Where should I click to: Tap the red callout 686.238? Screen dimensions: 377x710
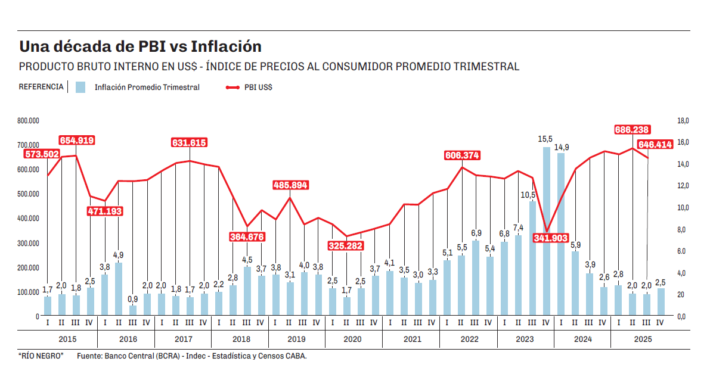point(633,130)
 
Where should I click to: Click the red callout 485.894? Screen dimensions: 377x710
point(290,185)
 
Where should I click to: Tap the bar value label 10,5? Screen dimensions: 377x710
point(529,195)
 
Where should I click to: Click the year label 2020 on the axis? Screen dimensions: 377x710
point(352,339)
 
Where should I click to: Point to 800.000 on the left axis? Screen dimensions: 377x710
point(28,121)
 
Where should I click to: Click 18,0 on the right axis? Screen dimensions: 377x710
point(683,121)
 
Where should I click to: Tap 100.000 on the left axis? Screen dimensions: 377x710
point(28,292)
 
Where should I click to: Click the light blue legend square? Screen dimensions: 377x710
point(80,87)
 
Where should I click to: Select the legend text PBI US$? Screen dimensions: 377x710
point(258,87)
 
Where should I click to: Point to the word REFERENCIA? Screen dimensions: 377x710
point(41,87)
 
